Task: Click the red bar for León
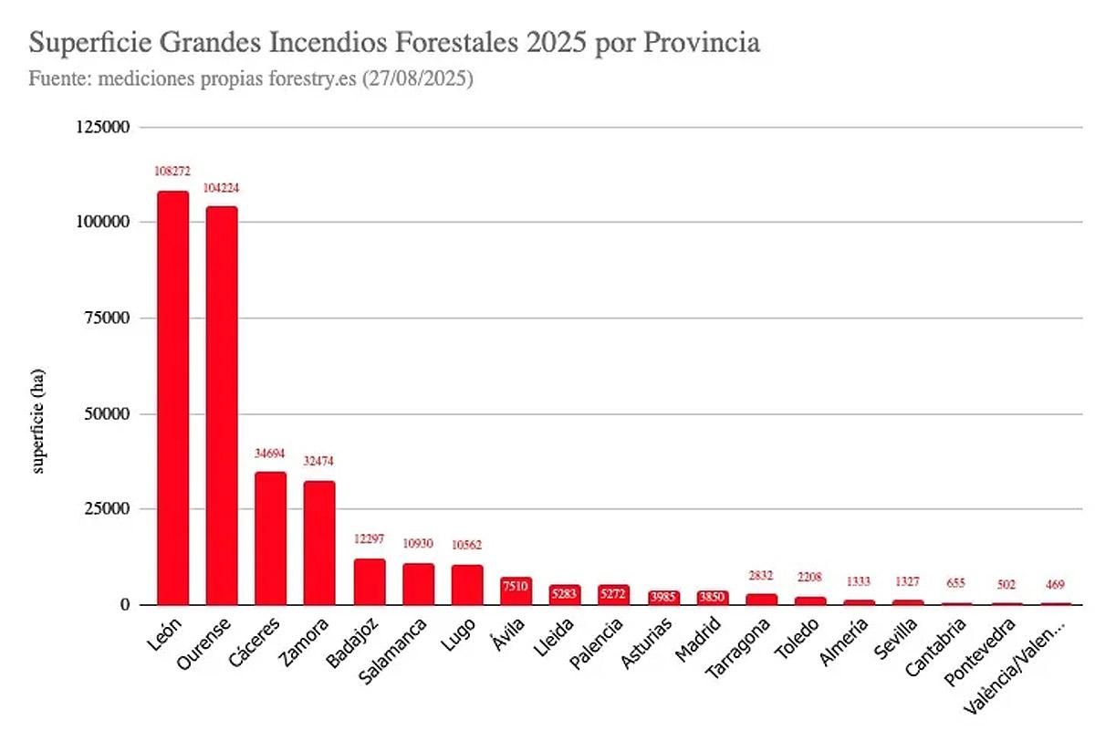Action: tap(173, 398)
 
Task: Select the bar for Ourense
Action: tap(222, 405)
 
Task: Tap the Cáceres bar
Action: tap(270, 538)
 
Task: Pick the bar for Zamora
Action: tap(319, 543)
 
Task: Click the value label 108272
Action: tap(172, 171)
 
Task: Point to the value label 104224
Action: tap(221, 187)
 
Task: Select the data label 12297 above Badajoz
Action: tap(369, 538)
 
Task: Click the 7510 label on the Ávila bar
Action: tap(516, 585)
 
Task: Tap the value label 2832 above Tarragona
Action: tap(760, 575)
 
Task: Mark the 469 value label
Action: tap(1055, 584)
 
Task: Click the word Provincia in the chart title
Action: tap(702, 42)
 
